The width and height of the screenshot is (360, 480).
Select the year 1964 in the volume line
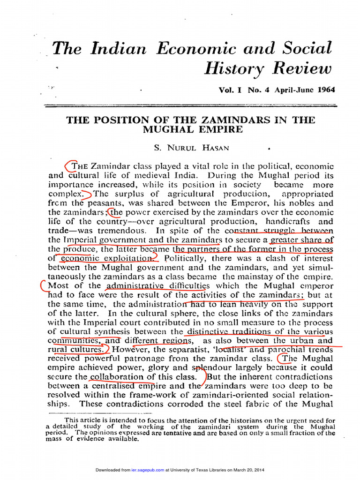point(326,90)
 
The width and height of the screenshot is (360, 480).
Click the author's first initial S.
point(157,148)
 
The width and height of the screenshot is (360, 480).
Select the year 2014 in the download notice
point(257,470)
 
